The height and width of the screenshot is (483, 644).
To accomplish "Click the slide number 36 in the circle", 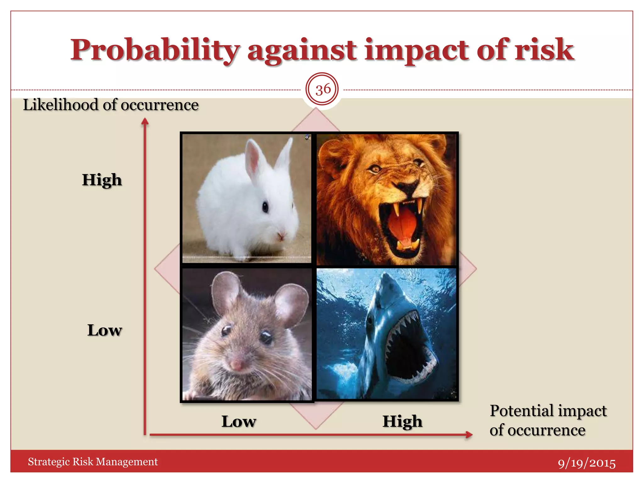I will pyautogui.click(x=323, y=89).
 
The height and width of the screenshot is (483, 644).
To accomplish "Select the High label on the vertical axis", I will pyautogui.click(x=102, y=180).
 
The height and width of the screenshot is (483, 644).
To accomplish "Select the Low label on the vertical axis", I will pyautogui.click(x=104, y=330).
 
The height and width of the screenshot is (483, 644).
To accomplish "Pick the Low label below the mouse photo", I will pyautogui.click(x=239, y=421).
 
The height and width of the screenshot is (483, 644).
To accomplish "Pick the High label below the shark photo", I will pyautogui.click(x=402, y=421).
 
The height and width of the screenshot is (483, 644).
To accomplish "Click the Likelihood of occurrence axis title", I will pyautogui.click(x=111, y=105).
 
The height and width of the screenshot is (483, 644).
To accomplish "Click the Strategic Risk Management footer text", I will pyautogui.click(x=93, y=462).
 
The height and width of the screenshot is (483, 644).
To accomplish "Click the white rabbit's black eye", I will pyautogui.click(x=265, y=207).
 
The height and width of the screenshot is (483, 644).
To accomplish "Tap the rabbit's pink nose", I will pyautogui.click(x=281, y=235).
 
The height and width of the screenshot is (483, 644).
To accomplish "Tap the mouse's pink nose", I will pyautogui.click(x=236, y=365).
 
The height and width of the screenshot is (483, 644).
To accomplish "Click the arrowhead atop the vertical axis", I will pyautogui.click(x=145, y=121).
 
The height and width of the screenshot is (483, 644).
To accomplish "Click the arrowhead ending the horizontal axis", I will pyautogui.click(x=469, y=435).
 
